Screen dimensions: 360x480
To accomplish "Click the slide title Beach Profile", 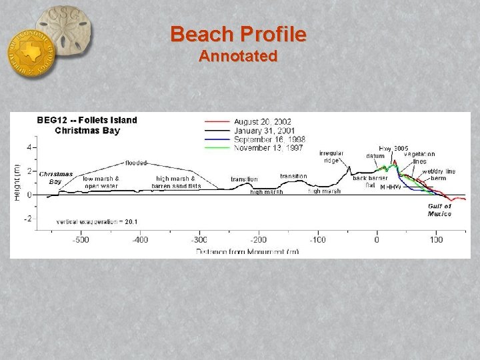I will tap(238, 34).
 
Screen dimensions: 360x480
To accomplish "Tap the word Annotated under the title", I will tap(238, 56).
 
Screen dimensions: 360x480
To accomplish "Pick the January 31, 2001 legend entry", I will tap(264, 131).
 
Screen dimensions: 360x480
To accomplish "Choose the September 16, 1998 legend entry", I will tap(269, 139).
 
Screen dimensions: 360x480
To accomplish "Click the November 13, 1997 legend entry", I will tap(267, 148).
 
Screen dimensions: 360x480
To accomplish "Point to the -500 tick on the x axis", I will tap(81, 239).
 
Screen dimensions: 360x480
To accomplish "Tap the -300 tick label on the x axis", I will tap(199, 239).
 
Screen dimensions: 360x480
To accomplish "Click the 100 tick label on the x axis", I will tap(436, 239).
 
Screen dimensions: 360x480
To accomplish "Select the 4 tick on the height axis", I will tap(29, 147).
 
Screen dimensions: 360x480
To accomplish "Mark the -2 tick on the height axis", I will tap(28, 219).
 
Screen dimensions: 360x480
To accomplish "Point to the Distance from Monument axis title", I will tap(247, 251).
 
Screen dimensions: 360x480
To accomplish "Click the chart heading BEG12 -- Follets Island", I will tap(87, 121).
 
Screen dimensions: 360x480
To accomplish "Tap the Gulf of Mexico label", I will tap(439, 210).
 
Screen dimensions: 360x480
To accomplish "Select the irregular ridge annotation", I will tap(331, 157).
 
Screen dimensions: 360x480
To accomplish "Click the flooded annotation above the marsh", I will tap(136, 163).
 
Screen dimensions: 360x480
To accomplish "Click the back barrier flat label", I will tap(370, 181).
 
